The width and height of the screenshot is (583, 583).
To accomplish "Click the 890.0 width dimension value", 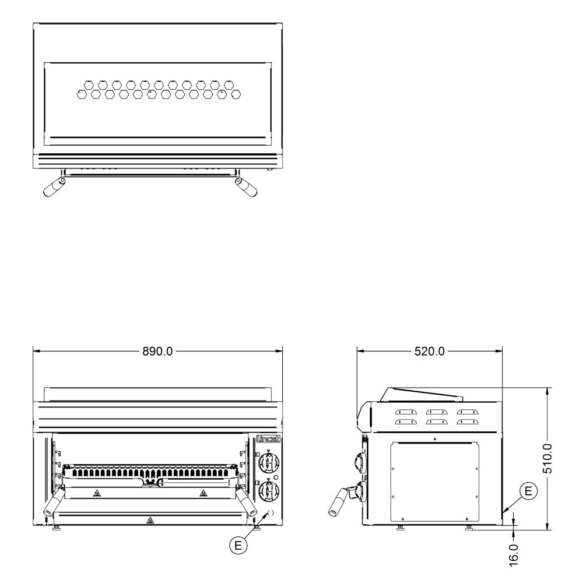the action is [x=157, y=352].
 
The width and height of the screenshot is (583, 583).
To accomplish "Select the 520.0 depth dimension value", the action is [x=430, y=352].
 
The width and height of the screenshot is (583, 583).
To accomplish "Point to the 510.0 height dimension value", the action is [x=547, y=459].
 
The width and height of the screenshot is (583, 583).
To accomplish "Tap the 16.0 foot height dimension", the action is [x=514, y=555].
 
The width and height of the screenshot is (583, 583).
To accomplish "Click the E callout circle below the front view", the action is [x=238, y=546].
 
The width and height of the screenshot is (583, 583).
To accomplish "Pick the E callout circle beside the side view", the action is [x=528, y=491].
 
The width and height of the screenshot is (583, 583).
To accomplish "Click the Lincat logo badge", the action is [x=268, y=439].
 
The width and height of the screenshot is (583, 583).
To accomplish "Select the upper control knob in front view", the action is [x=269, y=462].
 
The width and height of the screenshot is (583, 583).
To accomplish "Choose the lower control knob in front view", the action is [x=269, y=491].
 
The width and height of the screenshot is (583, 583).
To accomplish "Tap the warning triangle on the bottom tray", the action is [x=149, y=520].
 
